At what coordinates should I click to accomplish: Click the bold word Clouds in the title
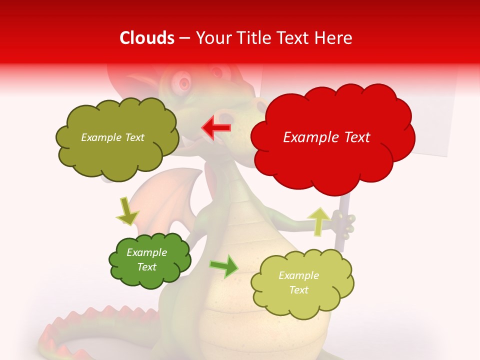click(147, 38)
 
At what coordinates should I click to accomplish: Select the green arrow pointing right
click(224, 266)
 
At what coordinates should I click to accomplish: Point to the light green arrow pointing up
click(318, 220)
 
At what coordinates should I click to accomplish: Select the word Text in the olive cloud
click(133, 137)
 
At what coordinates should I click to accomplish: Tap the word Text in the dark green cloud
click(147, 267)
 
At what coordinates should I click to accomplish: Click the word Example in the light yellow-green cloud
click(298, 275)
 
